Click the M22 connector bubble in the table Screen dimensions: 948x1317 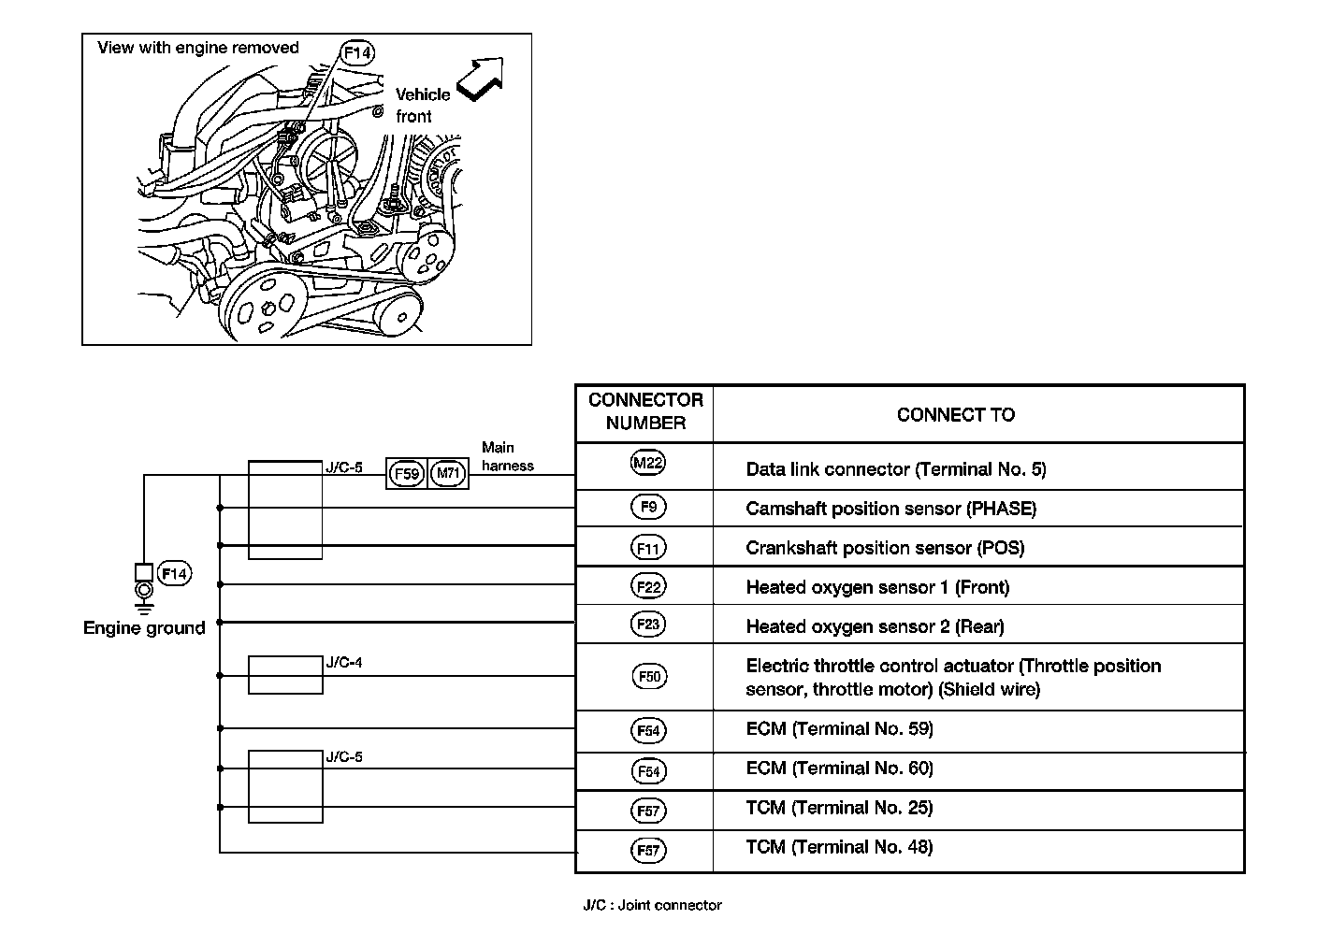click(x=648, y=463)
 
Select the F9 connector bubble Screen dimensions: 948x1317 click(x=648, y=508)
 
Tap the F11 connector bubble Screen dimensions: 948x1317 click(x=648, y=548)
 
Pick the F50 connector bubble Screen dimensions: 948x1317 click(x=649, y=676)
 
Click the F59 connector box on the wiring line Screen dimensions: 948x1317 click(x=407, y=474)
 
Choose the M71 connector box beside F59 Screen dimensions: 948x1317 click(x=449, y=474)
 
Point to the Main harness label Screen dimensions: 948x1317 click(x=507, y=457)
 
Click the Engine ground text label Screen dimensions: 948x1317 click(x=144, y=628)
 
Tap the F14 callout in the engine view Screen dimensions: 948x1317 click(x=357, y=53)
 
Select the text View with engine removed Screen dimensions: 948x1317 click(x=198, y=48)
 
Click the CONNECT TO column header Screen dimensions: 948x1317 click(x=955, y=415)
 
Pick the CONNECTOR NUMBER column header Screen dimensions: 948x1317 click(x=645, y=411)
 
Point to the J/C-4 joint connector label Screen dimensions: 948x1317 click(x=344, y=664)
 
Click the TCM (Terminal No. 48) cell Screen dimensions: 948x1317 click(x=839, y=847)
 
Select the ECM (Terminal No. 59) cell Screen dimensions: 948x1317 click(x=839, y=729)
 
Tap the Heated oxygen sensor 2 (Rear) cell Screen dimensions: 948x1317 click(x=875, y=626)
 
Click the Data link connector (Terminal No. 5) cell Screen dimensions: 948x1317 click(x=895, y=469)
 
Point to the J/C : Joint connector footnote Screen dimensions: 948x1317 click(x=652, y=905)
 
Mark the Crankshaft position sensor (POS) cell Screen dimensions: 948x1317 click(x=885, y=548)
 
